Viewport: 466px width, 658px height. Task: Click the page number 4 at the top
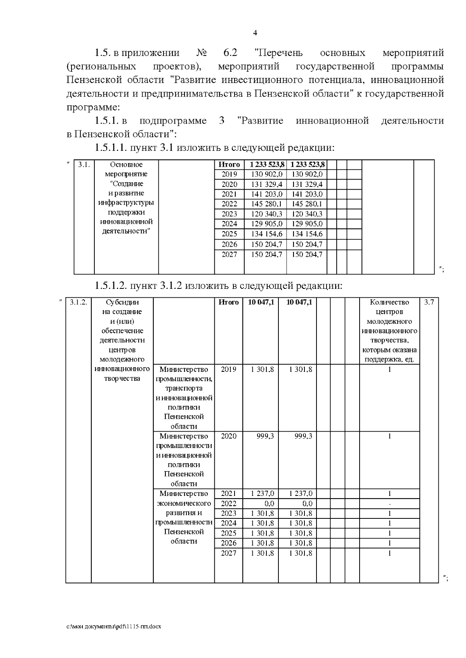(255, 33)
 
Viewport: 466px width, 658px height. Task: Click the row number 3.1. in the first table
(84, 164)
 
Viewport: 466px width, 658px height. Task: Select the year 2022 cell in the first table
(229, 204)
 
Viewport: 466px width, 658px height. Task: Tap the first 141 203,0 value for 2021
(266, 194)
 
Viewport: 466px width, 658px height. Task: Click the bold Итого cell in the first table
(229, 164)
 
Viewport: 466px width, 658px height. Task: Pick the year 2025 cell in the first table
(229, 234)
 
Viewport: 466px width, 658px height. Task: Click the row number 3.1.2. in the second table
(78, 302)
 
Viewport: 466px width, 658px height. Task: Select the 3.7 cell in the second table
(429, 302)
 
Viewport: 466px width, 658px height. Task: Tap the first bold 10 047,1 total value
(261, 302)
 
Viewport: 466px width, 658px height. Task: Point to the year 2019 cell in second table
(228, 369)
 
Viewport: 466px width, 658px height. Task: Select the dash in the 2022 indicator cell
(389, 504)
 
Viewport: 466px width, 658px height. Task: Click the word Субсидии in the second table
(122, 302)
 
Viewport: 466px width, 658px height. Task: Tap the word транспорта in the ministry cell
(184, 388)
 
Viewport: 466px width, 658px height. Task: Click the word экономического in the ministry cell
(184, 503)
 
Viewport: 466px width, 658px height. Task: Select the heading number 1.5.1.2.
(111, 286)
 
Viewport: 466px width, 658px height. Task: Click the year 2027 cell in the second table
(228, 553)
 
